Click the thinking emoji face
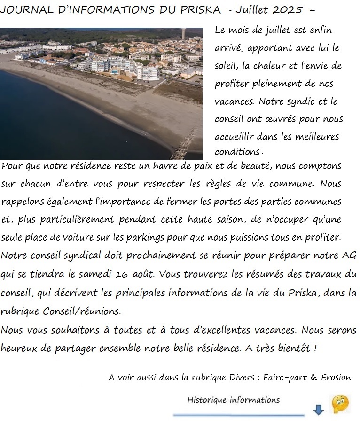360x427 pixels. [x=340, y=404]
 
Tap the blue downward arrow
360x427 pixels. [x=319, y=410]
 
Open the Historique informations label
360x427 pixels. [x=233, y=400]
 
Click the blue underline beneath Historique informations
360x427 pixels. [x=239, y=415]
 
